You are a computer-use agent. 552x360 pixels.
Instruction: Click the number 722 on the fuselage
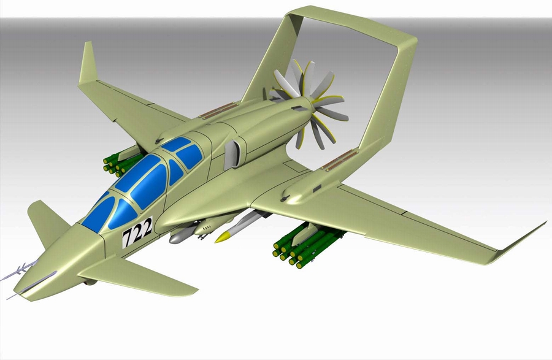coord(137,232)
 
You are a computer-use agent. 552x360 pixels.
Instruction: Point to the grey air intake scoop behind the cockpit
coord(232,154)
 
